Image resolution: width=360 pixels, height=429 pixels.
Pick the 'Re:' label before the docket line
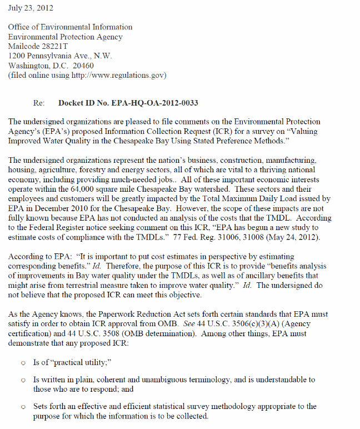pos(39,103)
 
